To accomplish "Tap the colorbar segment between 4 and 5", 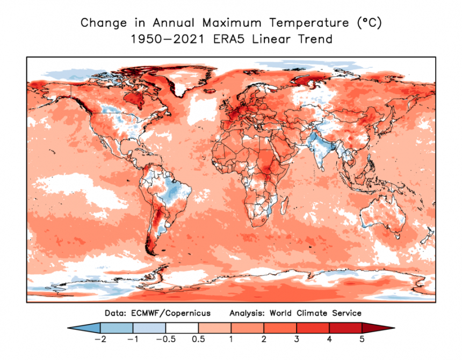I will (x=345, y=328).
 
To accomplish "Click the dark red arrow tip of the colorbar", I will (x=376, y=328).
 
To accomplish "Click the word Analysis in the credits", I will (x=246, y=313).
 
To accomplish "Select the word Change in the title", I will (x=98, y=23).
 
